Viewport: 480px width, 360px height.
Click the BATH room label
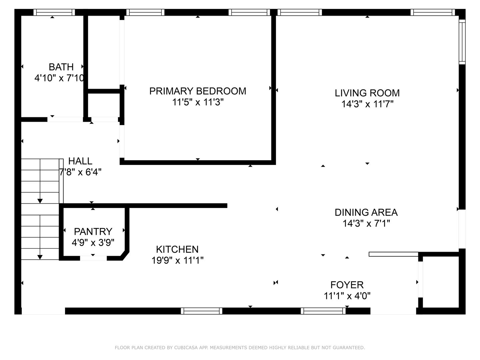click(x=61, y=67)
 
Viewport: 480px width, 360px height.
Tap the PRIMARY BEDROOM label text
click(x=198, y=91)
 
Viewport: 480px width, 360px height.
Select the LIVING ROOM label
click(x=367, y=93)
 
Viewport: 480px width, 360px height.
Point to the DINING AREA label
click(x=366, y=212)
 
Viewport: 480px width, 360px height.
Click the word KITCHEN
click(x=177, y=249)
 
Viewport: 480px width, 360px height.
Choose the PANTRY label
click(x=93, y=231)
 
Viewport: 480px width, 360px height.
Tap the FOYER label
click(x=347, y=285)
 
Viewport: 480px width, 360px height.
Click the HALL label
click(x=80, y=161)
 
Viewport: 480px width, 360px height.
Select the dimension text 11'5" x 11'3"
click(x=198, y=102)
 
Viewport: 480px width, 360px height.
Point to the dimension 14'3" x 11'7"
click(x=367, y=104)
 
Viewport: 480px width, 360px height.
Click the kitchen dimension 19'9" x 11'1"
click(x=178, y=260)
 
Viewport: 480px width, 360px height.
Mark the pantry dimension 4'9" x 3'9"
click(x=93, y=242)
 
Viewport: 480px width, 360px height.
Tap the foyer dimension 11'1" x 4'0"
click(x=347, y=296)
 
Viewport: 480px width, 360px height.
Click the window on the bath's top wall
click(x=54, y=12)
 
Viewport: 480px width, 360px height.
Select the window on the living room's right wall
click(x=462, y=42)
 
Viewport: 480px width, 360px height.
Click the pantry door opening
click(x=93, y=258)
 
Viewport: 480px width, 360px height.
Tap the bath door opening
click(x=65, y=120)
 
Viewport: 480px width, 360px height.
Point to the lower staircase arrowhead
click(x=40, y=257)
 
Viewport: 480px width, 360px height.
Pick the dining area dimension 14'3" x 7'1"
click(x=366, y=223)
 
